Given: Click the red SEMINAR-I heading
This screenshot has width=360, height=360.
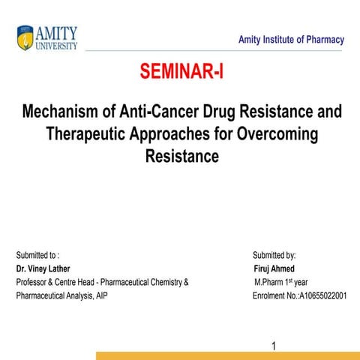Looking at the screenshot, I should pyautogui.click(x=181, y=73).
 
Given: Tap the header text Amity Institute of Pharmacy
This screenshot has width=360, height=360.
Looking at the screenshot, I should pyautogui.click(x=291, y=40).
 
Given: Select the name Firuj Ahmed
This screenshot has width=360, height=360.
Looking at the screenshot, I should pyautogui.click(x=274, y=268).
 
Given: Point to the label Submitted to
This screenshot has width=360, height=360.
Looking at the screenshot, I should pyautogui.click(x=38, y=255).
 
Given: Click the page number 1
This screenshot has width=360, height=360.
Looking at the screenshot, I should pyautogui.click(x=274, y=346).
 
